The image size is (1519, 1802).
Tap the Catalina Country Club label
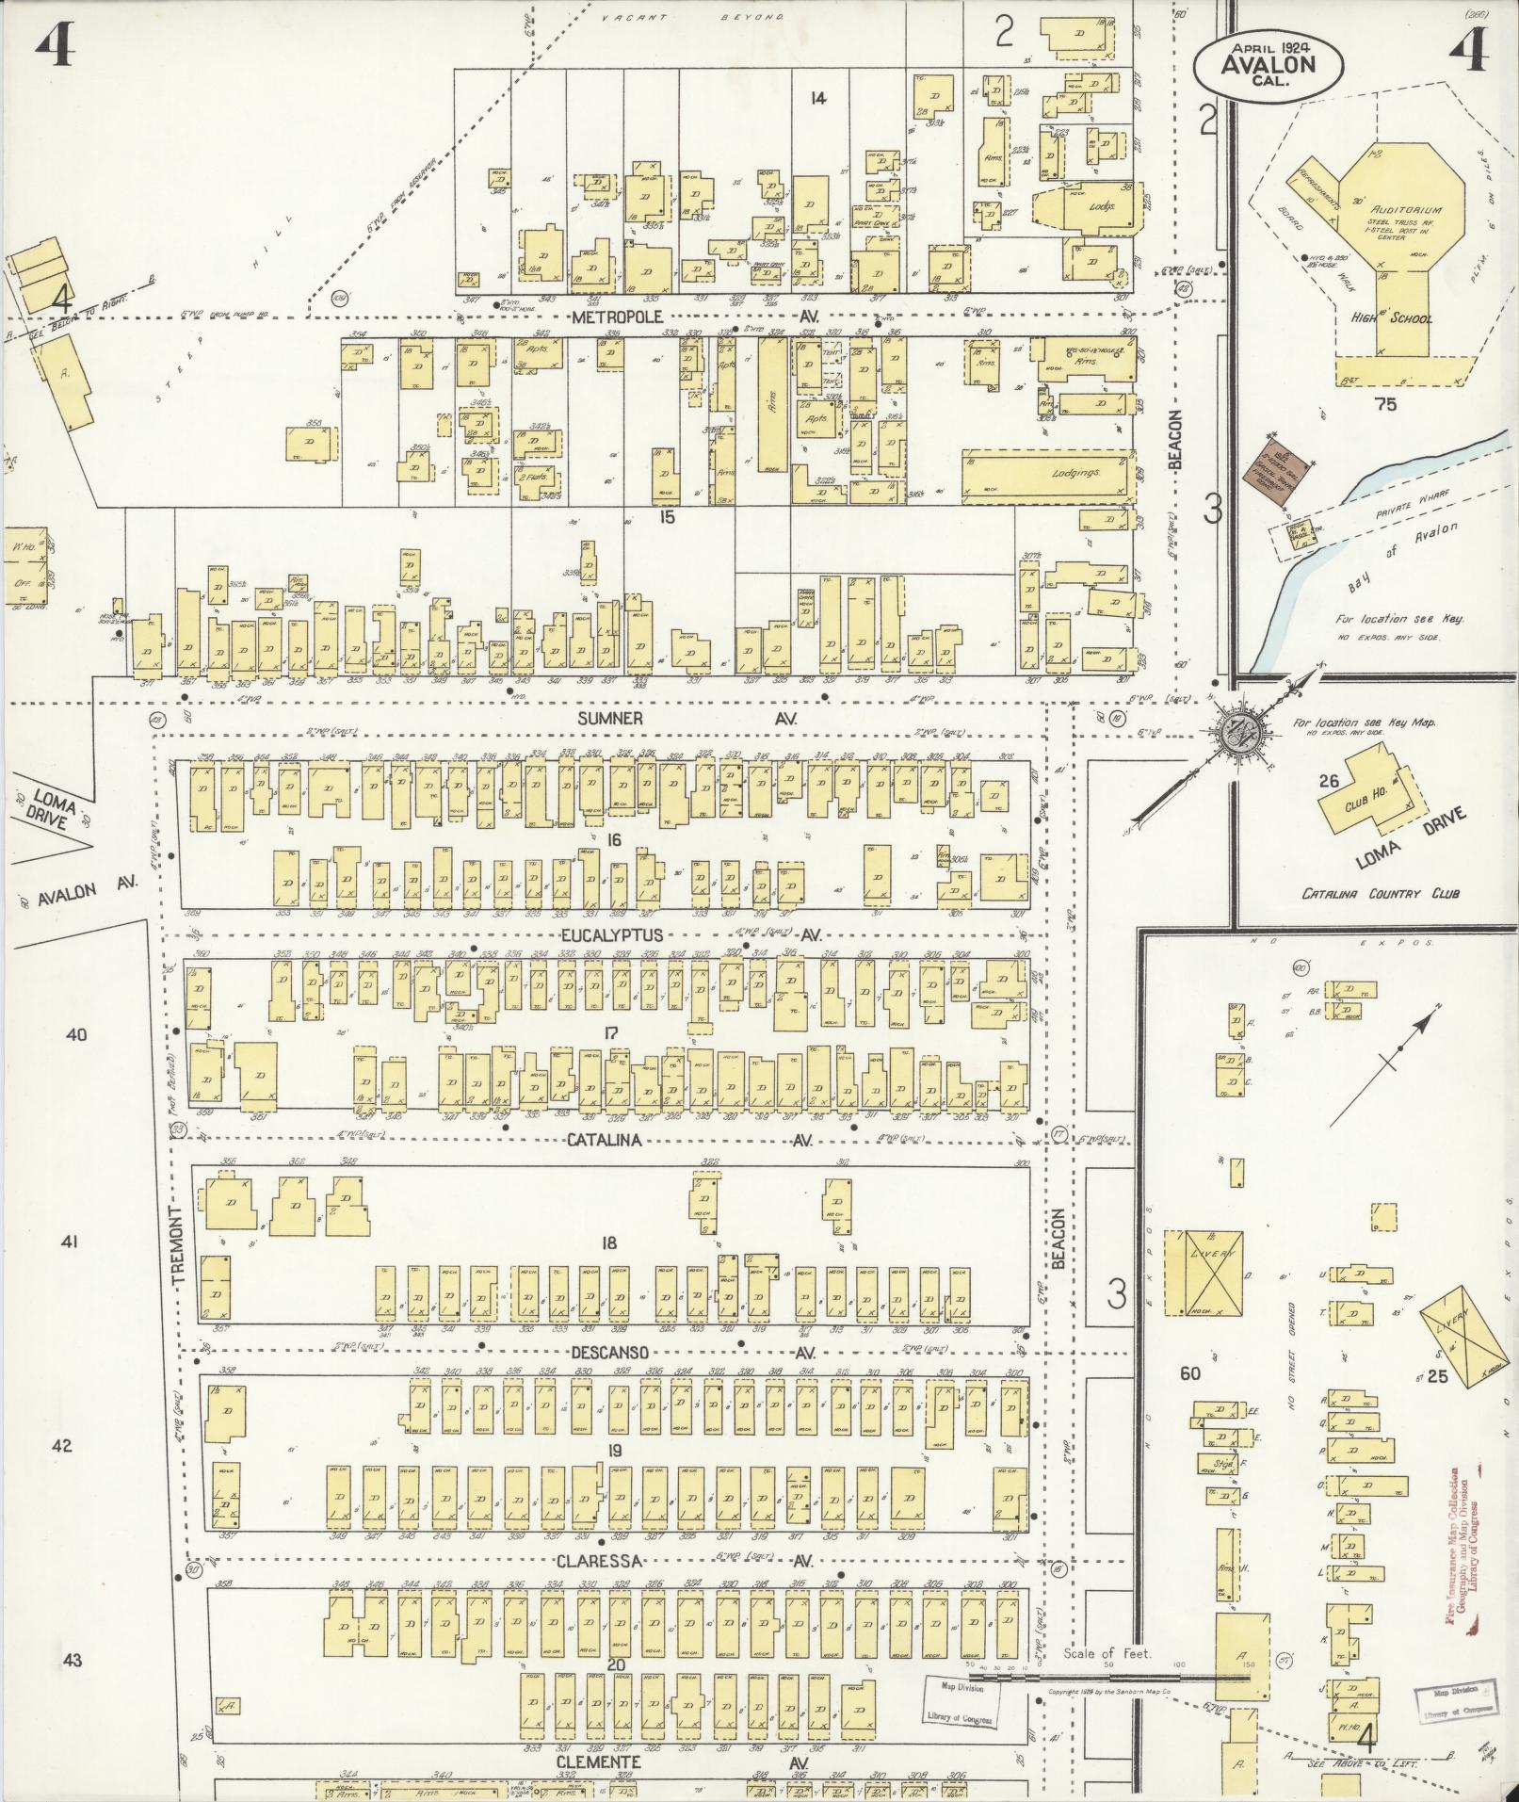1380,892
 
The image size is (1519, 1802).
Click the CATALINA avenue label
604,1141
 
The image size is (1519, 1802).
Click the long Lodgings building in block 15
1043,473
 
